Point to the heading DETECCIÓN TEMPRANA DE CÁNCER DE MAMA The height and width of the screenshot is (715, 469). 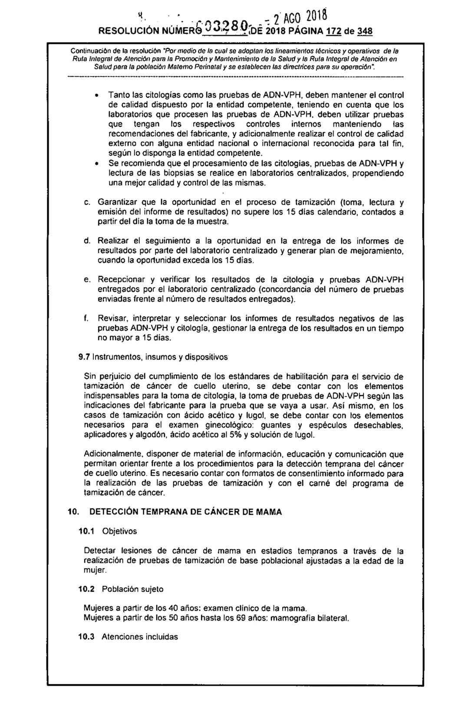click(x=185, y=512)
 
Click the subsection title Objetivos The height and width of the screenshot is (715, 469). click(x=119, y=531)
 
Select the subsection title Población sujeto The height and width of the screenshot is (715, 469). click(x=133, y=589)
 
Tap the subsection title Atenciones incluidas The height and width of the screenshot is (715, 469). click(x=140, y=637)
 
